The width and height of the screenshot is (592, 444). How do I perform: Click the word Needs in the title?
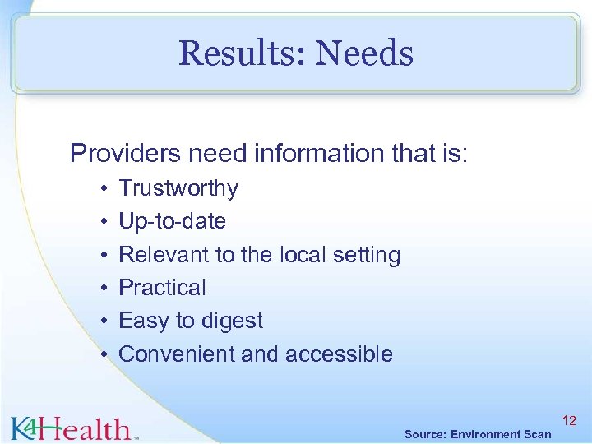click(x=364, y=54)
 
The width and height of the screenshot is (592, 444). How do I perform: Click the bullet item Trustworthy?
click(x=178, y=188)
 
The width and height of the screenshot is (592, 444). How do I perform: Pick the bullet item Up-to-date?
click(x=172, y=221)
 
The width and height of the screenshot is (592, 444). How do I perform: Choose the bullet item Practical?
click(x=162, y=288)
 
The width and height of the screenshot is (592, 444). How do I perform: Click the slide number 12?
click(x=569, y=421)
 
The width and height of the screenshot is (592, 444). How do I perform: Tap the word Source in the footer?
click(x=426, y=434)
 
